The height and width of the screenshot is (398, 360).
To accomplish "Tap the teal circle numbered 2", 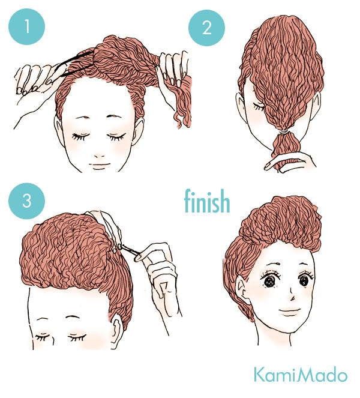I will pyautogui.click(x=208, y=28).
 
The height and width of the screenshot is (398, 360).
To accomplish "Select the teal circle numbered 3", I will pyautogui.click(x=26, y=200).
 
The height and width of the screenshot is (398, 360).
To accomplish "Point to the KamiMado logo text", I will pyautogui.click(x=300, y=375).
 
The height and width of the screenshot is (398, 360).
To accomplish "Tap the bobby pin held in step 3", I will pyautogui.click(x=129, y=248).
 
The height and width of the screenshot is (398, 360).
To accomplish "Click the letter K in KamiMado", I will pyautogui.click(x=259, y=375).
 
